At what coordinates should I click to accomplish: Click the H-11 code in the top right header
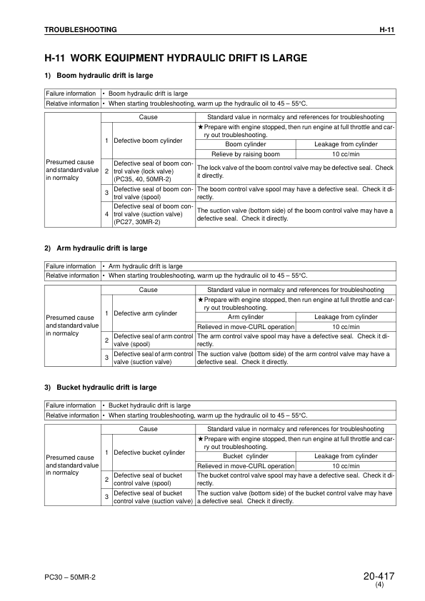coord(386,29)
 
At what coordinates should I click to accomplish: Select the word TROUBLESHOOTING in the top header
coord(81,29)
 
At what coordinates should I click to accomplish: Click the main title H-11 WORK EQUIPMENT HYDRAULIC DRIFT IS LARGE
coord(176,57)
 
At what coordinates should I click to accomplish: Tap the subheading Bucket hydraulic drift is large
coord(106,387)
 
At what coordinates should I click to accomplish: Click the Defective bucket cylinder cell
coord(149,452)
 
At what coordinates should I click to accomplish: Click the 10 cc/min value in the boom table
coord(346,153)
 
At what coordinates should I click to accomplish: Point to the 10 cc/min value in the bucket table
coord(346,466)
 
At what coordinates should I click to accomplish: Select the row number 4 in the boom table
coord(106,213)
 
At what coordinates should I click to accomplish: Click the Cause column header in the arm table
coord(148,290)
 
